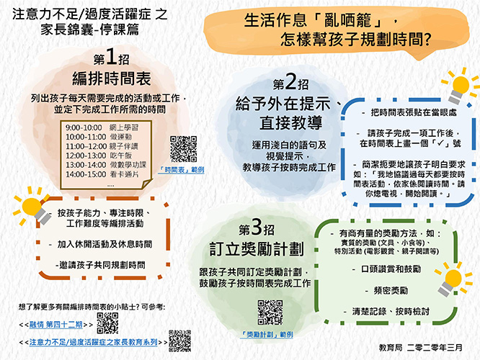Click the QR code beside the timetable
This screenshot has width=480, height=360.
(183, 149)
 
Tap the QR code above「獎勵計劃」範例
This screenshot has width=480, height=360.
(270, 312)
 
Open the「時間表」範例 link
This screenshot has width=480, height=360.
(181, 170)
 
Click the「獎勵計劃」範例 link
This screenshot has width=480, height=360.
(267, 335)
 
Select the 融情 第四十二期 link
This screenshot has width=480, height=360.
(55, 325)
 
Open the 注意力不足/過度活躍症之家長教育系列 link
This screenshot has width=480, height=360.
(94, 342)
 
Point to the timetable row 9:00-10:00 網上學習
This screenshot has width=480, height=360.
(102, 127)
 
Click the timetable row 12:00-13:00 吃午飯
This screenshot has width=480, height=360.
(99, 156)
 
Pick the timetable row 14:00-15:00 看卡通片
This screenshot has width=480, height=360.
(102, 174)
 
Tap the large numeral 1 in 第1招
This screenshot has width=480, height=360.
(112, 57)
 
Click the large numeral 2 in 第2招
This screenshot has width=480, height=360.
(290, 81)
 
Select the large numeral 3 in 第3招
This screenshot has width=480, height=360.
(257, 228)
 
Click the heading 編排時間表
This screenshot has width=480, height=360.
(112, 79)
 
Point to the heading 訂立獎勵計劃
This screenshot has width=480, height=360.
(257, 249)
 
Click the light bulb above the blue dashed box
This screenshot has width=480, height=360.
(459, 86)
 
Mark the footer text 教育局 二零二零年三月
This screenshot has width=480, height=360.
(420, 348)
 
